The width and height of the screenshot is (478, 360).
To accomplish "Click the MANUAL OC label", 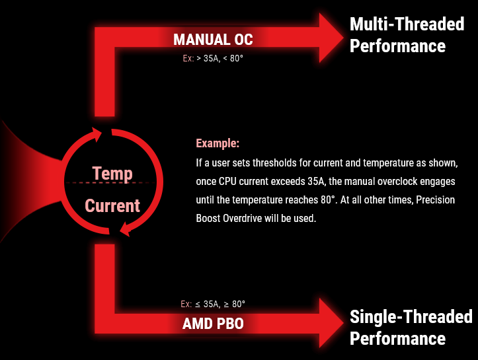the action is coord(213,40).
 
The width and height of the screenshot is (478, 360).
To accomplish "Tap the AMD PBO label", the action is coord(213,324).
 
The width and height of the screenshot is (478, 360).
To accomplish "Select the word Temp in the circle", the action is coord(112,174).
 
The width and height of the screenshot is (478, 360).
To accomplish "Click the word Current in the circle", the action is coord(112,205).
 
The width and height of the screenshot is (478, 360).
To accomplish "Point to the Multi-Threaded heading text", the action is coord(407,24).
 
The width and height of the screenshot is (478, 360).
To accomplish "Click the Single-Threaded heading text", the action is coord(411,316).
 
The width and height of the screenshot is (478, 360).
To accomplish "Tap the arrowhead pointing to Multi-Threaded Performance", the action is coord(331,38).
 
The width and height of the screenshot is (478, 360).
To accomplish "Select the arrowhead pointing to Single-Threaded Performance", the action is coord(331,323).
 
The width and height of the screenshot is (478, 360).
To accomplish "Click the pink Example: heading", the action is coord(218,143).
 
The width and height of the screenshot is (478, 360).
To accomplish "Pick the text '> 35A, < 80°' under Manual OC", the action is coord(219,58).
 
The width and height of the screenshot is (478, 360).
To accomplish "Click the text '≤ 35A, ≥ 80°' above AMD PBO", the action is coord(220,304).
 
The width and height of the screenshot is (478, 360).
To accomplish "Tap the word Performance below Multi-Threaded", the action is coord(397,46).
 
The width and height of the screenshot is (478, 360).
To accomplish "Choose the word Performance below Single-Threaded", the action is coord(397,339).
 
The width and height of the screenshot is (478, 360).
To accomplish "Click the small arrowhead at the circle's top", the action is coord(97,134).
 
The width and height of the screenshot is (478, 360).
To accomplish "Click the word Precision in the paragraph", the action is coord(435,199).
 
